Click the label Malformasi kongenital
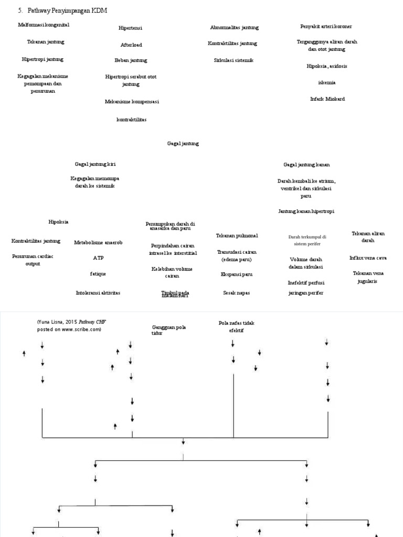tap(43, 25)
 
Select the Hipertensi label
tap(131, 28)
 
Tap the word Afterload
tap(131, 45)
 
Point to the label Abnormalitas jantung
tap(234, 27)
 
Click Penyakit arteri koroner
tap(326, 26)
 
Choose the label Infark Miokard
tap(327, 99)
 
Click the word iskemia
tap(326, 82)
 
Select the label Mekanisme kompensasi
tap(132, 101)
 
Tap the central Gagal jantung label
tap(183, 143)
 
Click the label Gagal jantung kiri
tap(95, 164)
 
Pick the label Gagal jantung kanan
tap(306, 165)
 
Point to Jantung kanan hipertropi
tap(306, 211)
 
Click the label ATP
tap(99, 258)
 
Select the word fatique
tap(98, 274)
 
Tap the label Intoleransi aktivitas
tap(98, 293)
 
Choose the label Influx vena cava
tap(368, 258)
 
